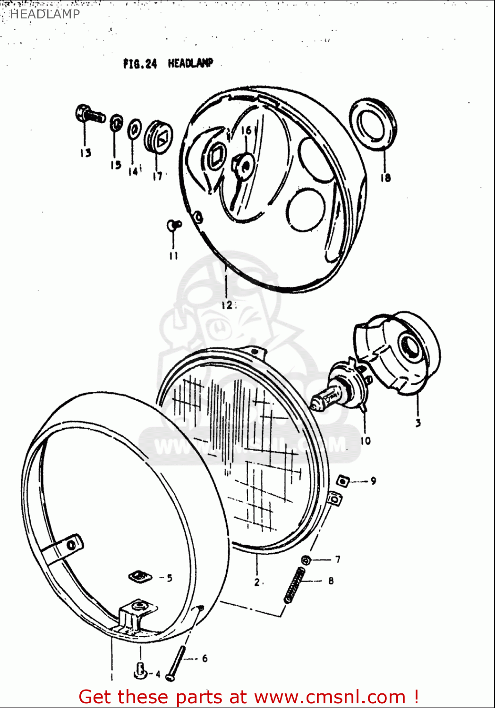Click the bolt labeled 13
tap(89, 114)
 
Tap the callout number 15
tap(116, 165)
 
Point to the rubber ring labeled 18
tap(373, 124)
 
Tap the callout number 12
tap(226, 305)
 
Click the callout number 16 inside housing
tap(247, 130)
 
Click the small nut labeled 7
tap(306, 560)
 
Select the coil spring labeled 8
tap(294, 586)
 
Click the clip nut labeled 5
tap(140, 576)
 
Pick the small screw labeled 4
tap(140, 669)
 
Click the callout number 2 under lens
tap(256, 582)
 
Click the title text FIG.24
tap(140, 64)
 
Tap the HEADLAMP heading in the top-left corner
tap(45, 14)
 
